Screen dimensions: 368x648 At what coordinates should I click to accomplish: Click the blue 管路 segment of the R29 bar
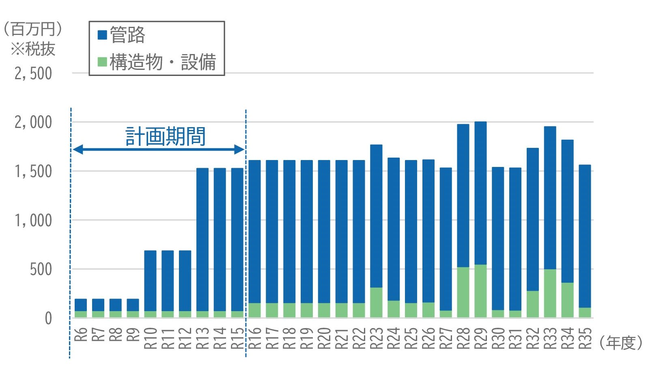click(x=480, y=193)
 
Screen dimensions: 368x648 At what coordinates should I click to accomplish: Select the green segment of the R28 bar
click(x=463, y=292)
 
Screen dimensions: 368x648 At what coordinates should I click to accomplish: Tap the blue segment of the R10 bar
click(x=150, y=281)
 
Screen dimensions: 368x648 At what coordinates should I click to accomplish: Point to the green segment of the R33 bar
click(x=550, y=293)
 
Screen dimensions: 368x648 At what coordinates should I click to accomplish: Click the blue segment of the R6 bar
click(x=81, y=305)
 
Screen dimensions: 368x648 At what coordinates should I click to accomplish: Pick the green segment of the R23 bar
click(x=376, y=302)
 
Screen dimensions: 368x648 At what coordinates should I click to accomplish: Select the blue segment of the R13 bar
click(x=202, y=240)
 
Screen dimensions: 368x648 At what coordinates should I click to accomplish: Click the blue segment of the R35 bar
click(x=585, y=236)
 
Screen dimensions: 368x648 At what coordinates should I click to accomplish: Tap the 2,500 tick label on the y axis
click(x=33, y=74)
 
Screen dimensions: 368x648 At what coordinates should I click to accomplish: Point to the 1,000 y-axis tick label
click(x=33, y=221)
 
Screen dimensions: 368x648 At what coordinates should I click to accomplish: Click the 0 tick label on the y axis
click(x=48, y=318)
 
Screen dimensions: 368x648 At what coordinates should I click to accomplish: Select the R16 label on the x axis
click(x=255, y=338)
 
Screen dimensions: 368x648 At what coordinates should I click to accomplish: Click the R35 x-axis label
click(x=585, y=338)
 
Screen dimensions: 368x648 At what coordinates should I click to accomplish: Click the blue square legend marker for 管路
click(x=102, y=35)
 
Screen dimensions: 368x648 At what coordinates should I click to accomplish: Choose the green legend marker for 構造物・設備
click(x=102, y=62)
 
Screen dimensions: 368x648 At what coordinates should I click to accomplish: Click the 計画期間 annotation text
click(x=166, y=136)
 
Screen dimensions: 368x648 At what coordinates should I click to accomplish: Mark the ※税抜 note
click(x=33, y=49)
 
